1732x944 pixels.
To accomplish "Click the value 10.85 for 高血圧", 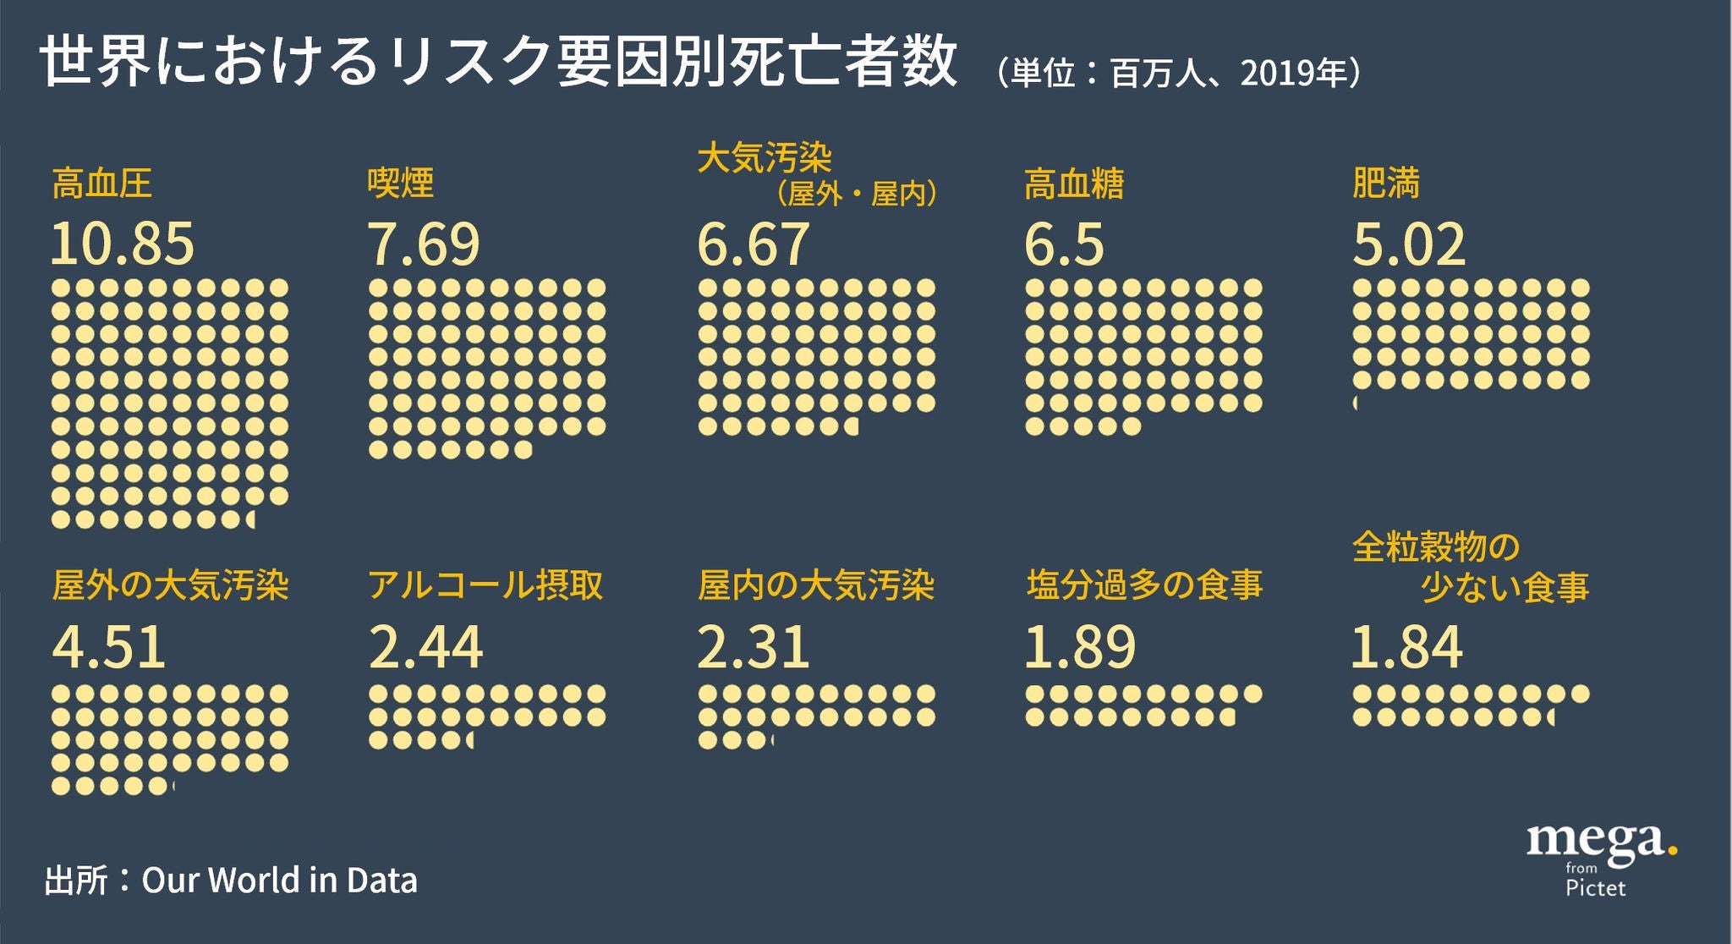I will tap(123, 244).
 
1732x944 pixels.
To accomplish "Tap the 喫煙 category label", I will tap(400, 184).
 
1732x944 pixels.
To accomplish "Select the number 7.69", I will tap(424, 244).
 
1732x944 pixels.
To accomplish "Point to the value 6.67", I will tap(753, 244).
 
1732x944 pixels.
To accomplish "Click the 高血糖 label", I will tap(1073, 184).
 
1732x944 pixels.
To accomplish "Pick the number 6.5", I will tap(1064, 244).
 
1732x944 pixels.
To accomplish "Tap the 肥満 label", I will tap(1385, 184).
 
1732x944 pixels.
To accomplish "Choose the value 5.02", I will tap(1409, 244).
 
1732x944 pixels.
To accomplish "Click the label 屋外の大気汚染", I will tap(171, 585).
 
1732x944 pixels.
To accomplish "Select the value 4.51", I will tap(109, 647).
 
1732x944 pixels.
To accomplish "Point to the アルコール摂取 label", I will tap(485, 585).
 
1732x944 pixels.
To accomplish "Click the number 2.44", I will tap(425, 647).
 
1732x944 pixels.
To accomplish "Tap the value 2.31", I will tap(753, 647).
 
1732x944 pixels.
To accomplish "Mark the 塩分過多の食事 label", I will tap(1144, 585).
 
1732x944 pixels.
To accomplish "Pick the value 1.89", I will tap(1080, 647).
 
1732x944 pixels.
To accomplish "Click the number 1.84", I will tap(1406, 647).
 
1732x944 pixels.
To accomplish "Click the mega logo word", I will tap(1597, 842).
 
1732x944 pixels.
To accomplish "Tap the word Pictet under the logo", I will tap(1595, 888).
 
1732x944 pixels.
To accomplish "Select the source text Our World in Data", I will tap(279, 881).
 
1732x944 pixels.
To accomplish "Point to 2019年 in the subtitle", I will tap(1292, 74).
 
